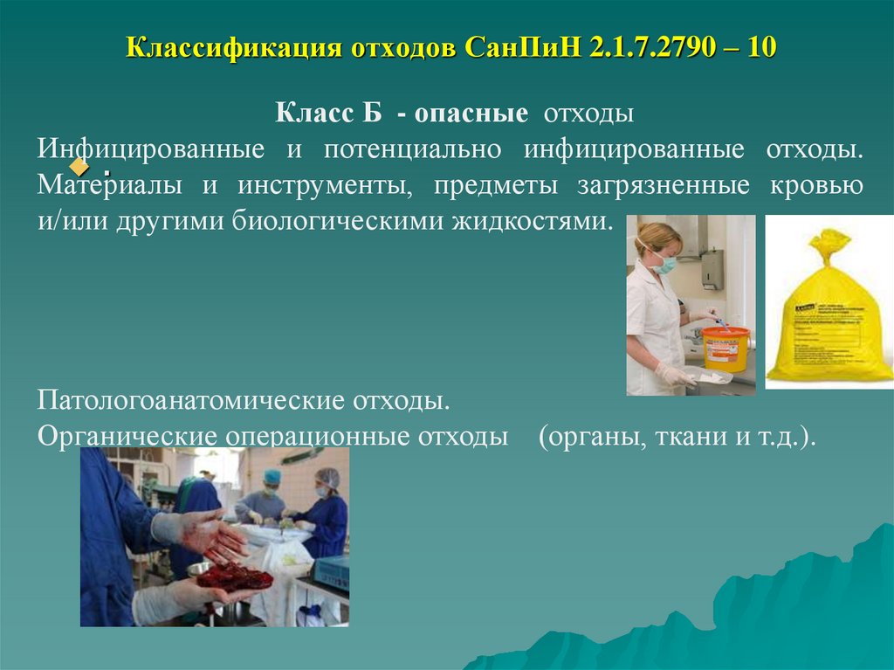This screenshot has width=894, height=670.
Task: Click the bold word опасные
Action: (x=471, y=114)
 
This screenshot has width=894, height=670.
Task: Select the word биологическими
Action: (x=340, y=219)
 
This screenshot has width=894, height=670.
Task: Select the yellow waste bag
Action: (x=829, y=314)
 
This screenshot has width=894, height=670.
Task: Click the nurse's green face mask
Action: (x=665, y=264)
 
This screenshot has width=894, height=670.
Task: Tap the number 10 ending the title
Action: (x=760, y=46)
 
